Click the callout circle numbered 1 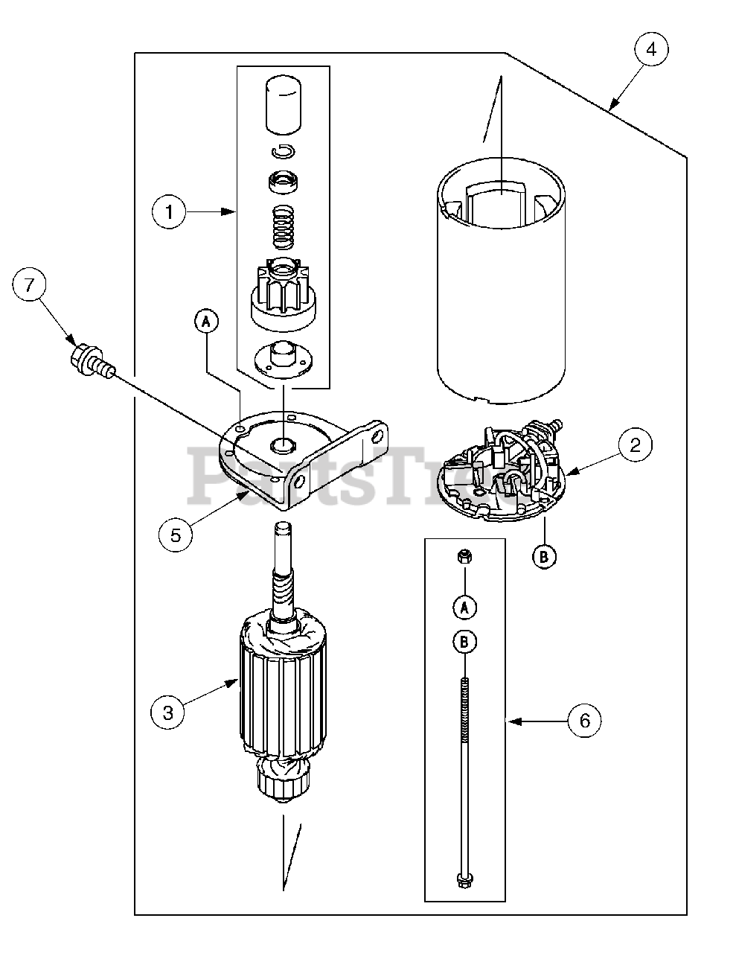(170, 212)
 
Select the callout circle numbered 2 (635, 445)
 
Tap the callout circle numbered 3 (167, 713)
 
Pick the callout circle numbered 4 (651, 51)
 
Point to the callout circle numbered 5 (176, 534)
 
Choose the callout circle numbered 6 (584, 721)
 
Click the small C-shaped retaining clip (283, 152)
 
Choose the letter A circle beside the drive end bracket (206, 321)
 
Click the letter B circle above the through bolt (464, 642)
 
